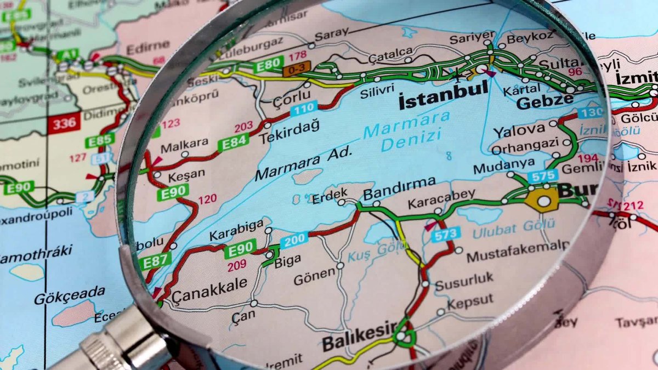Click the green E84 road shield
click(233, 144)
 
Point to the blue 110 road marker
click(304, 109)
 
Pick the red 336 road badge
click(64, 123)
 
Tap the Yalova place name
click(519, 130)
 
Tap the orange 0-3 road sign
click(297, 69)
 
